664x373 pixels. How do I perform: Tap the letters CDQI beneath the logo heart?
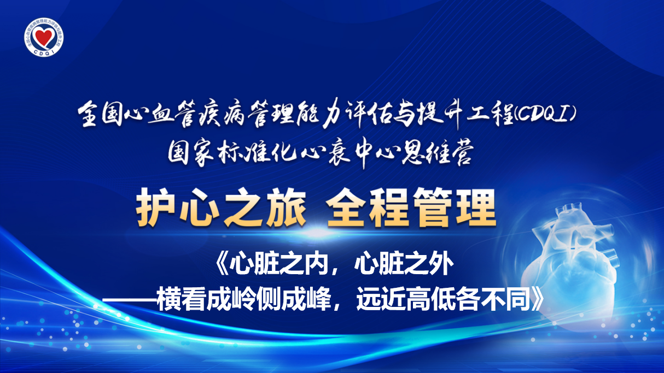44,51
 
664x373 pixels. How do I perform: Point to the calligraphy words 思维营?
436,154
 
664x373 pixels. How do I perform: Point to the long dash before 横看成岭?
130,300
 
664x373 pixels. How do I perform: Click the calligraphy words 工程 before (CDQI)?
489,115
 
